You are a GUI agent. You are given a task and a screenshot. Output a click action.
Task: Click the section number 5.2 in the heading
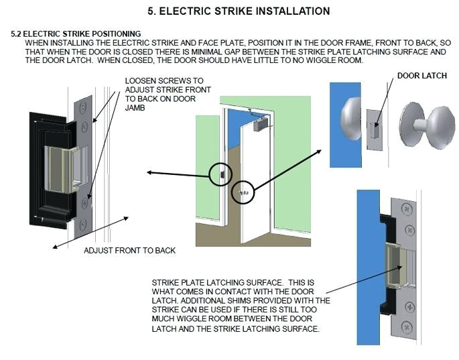click(17, 34)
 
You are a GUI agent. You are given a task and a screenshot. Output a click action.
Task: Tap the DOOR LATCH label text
click(422, 76)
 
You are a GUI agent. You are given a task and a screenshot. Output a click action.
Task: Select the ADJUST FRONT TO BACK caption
click(129, 250)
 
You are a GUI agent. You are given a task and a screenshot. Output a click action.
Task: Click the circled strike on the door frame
click(218, 174)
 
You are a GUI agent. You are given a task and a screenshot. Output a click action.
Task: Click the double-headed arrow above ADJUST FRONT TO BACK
click(91, 232)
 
